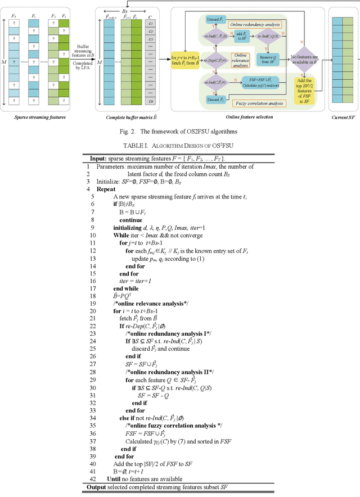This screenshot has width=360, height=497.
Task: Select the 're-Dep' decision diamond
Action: coord(214,60)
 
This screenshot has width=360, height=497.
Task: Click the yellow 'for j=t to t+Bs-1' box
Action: coord(181,60)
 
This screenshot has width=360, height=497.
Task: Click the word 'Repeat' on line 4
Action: coord(106,189)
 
